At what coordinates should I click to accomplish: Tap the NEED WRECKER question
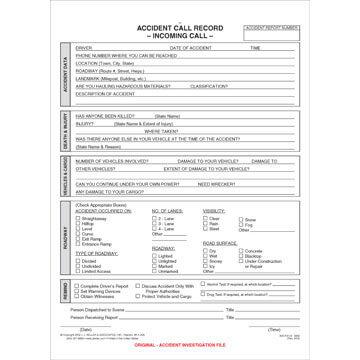click(x=217, y=184)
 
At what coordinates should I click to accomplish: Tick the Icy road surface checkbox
click(x=209, y=266)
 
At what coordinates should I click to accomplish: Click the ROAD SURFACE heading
click(x=222, y=242)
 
